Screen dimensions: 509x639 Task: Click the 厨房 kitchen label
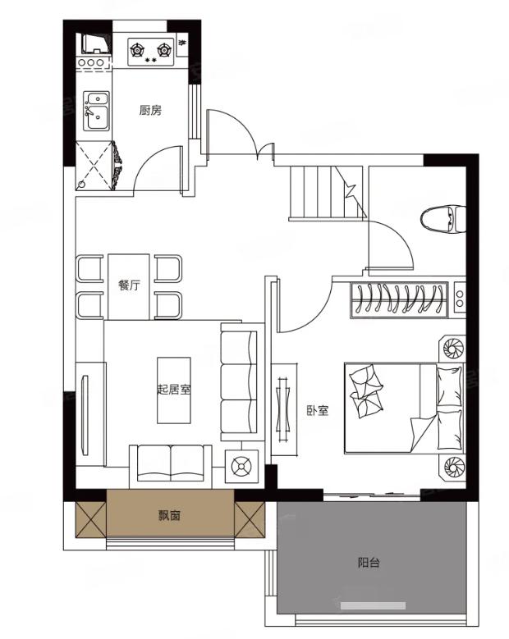150,110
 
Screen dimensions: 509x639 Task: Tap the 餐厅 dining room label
129,285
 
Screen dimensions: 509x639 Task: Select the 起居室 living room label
174,390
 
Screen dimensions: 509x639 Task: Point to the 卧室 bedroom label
318,410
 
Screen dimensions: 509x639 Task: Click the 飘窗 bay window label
169,516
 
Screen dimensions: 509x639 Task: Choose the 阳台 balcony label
369,563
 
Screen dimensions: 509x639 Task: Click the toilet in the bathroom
443,219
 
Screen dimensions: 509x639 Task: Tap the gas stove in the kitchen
151,52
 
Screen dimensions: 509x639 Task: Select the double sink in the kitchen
96,111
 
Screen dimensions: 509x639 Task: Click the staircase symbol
327,193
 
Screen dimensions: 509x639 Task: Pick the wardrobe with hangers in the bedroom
399,299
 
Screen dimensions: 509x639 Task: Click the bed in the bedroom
404,409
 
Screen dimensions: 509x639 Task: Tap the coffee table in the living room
174,390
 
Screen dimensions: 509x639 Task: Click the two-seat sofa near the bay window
171,467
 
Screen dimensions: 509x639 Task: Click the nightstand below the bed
452,468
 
